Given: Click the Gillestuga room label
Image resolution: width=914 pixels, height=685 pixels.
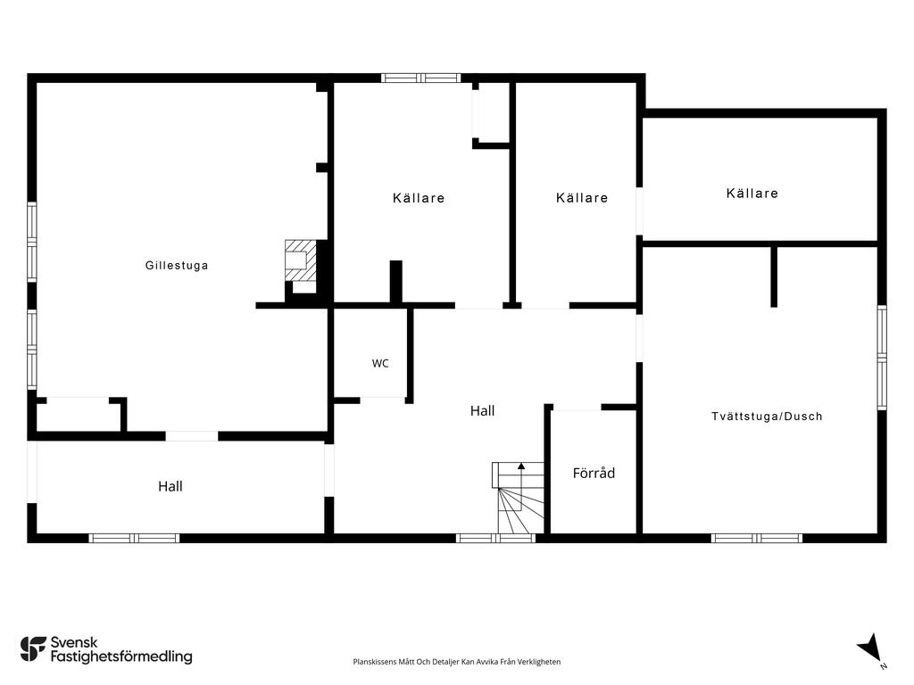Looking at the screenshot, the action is (x=177, y=266).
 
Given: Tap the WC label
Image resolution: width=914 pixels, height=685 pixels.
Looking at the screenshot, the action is (x=380, y=364).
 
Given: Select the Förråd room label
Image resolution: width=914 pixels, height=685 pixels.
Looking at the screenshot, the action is (x=594, y=473).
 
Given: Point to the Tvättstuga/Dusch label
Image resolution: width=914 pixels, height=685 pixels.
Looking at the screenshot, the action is (x=767, y=417).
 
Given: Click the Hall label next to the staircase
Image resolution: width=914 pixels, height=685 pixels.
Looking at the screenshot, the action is (x=482, y=411).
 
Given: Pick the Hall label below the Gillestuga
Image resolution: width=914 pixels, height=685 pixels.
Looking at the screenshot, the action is (x=170, y=486).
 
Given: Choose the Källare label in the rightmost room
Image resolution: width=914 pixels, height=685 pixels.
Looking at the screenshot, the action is (x=752, y=194).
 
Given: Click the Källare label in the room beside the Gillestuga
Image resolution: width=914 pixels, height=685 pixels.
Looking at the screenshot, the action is (x=419, y=198).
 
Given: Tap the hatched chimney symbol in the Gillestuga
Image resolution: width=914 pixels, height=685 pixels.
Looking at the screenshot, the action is (x=301, y=260).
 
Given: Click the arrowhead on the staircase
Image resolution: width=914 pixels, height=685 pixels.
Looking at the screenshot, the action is (x=521, y=466).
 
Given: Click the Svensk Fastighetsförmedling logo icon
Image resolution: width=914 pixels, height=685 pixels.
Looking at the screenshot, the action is (x=33, y=649).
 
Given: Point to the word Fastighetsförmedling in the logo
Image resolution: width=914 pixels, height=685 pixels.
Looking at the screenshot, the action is (x=121, y=657).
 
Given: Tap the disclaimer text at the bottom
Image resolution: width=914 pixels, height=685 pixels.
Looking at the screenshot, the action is (x=456, y=662).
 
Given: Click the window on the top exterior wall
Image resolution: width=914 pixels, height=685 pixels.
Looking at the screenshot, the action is (x=421, y=78).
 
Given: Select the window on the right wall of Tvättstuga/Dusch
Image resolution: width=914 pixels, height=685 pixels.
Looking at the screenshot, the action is (x=882, y=357).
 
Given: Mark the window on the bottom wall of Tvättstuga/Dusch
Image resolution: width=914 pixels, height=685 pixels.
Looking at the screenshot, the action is (x=756, y=538).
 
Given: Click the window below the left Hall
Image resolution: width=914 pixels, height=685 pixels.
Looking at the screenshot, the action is (x=134, y=538).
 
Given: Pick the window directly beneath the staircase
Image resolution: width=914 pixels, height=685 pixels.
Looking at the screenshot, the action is (x=495, y=538).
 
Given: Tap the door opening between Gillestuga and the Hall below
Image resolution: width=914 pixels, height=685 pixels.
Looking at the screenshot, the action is (x=192, y=436).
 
